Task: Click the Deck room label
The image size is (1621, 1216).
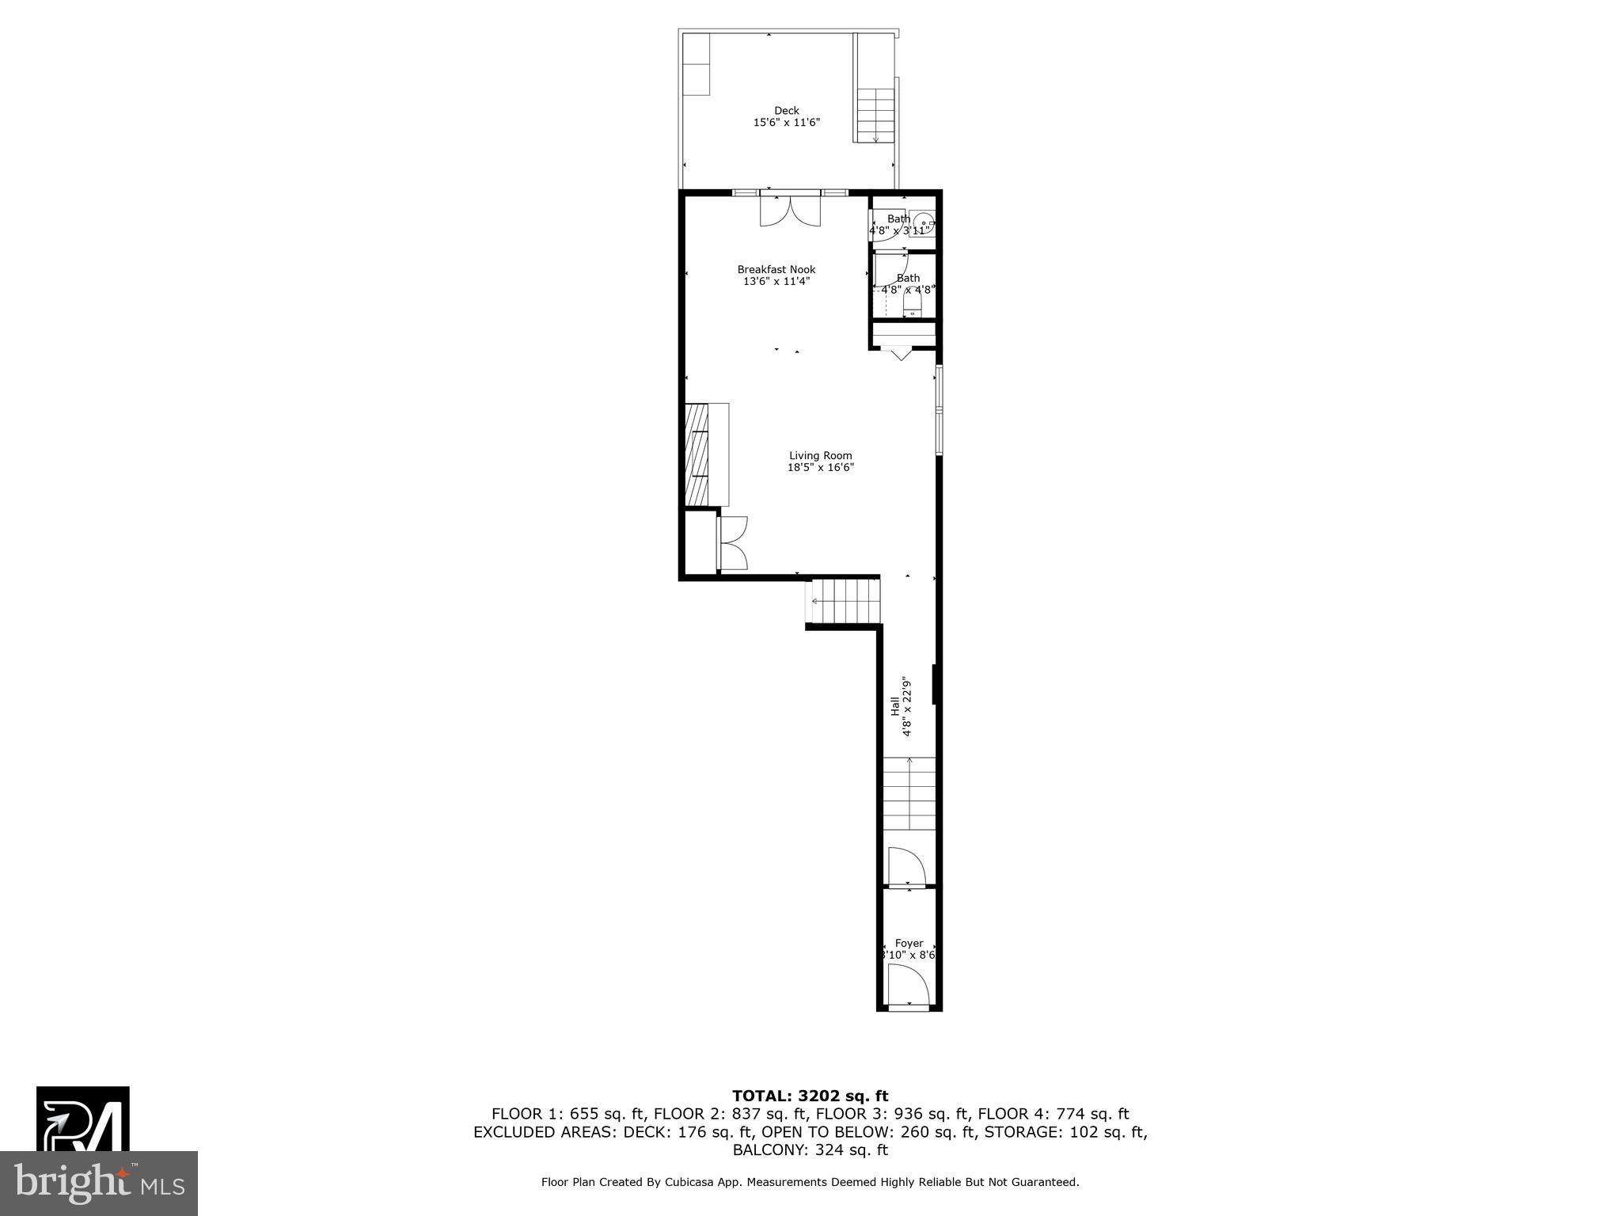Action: pyautogui.click(x=786, y=111)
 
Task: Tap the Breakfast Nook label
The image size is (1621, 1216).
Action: pyautogui.click(x=776, y=270)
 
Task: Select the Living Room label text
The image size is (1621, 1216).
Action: pyautogui.click(x=820, y=456)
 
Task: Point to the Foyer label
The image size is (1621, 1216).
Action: pyautogui.click(x=909, y=944)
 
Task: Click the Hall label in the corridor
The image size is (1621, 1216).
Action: pyautogui.click(x=895, y=706)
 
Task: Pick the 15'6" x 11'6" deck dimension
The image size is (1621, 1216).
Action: pyautogui.click(x=786, y=123)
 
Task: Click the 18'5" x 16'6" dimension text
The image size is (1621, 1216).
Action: pyautogui.click(x=820, y=468)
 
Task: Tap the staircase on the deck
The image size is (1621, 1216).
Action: pyautogui.click(x=876, y=116)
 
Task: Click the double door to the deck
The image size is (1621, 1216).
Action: pyautogui.click(x=790, y=211)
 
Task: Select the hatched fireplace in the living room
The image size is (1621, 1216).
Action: pyautogui.click(x=697, y=454)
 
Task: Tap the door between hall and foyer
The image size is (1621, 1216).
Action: pyautogui.click(x=907, y=868)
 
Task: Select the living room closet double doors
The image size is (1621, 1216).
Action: pyautogui.click(x=733, y=543)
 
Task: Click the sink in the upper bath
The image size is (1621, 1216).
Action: pyautogui.click(x=923, y=224)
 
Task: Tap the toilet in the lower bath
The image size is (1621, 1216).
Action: pyautogui.click(x=914, y=308)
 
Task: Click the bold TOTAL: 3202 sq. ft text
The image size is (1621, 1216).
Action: pyautogui.click(x=810, y=1096)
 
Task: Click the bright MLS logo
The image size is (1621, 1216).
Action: pyautogui.click(x=99, y=1183)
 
